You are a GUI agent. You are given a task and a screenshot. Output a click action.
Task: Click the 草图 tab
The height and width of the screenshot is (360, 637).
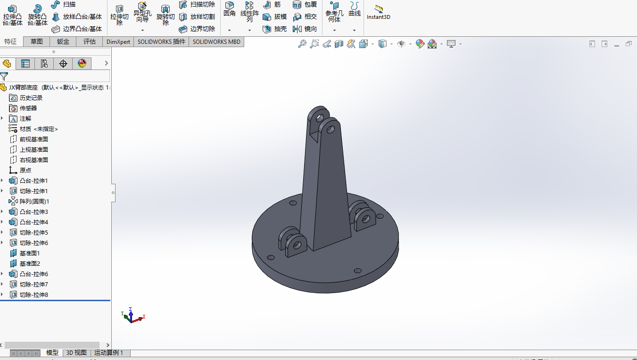coord(37,41)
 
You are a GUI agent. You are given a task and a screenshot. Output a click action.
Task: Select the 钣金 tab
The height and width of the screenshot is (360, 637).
coord(63,41)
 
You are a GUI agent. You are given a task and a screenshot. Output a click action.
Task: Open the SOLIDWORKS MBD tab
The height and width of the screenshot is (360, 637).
coord(216,41)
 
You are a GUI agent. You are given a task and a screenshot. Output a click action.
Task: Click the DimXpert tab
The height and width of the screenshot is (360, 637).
coord(118,41)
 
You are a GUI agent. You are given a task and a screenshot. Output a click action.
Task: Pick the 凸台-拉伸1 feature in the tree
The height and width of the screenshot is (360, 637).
coord(33,180)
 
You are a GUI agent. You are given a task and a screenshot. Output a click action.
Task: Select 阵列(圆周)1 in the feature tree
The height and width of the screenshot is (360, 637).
coord(34,201)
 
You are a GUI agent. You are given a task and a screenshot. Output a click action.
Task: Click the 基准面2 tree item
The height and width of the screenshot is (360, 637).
coord(30,263)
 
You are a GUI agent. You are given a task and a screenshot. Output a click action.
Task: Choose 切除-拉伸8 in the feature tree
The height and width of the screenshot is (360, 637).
coord(33,295)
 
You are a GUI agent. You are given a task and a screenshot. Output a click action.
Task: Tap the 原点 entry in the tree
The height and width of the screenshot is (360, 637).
coord(25,170)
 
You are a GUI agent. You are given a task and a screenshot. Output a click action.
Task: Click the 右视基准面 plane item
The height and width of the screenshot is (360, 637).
coord(33,160)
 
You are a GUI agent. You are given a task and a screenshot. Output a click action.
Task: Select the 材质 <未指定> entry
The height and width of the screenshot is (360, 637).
coord(39,129)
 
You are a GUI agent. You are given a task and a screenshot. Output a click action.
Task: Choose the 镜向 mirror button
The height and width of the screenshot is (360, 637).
coord(306,29)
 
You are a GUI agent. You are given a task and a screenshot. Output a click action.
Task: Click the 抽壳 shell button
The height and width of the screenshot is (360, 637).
coord(275,29)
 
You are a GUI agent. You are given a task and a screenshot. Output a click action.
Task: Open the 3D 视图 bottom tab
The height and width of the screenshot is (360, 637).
coord(76,352)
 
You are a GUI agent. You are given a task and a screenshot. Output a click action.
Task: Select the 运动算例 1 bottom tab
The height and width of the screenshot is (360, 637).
coord(108,352)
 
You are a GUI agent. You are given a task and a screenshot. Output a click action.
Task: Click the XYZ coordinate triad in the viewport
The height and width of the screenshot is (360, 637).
coord(132,316)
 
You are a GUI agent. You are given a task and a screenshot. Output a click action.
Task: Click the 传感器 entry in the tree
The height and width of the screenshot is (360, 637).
coord(28,108)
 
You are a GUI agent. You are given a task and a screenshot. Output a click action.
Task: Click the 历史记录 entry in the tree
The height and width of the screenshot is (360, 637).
coord(31,98)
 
